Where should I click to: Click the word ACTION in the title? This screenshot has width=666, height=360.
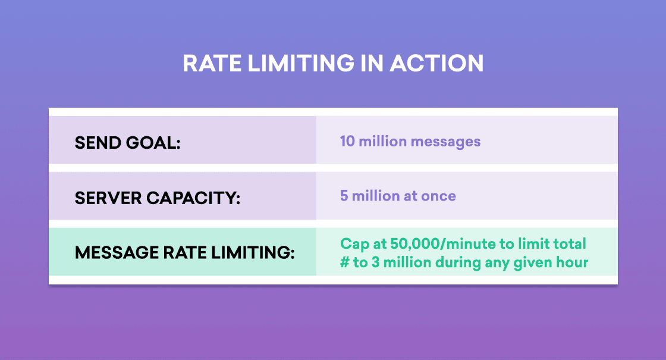pyautogui.click(x=436, y=63)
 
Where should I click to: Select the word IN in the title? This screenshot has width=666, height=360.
pyautogui.click(x=372, y=63)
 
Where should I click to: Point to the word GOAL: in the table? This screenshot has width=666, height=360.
pyautogui.click(x=153, y=143)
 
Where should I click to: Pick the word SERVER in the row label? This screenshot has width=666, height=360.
pyautogui.click(x=108, y=198)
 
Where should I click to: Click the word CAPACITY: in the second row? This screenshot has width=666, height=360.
pyautogui.click(x=193, y=198)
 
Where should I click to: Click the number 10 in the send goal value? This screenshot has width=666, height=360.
pyautogui.click(x=347, y=141)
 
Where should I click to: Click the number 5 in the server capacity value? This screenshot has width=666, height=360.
pyautogui.click(x=344, y=196)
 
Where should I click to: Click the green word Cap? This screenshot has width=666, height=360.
pyautogui.click(x=354, y=245)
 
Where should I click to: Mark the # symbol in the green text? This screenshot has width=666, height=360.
pyautogui.click(x=344, y=262)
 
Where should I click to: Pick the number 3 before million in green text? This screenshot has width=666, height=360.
pyautogui.click(x=375, y=262)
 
